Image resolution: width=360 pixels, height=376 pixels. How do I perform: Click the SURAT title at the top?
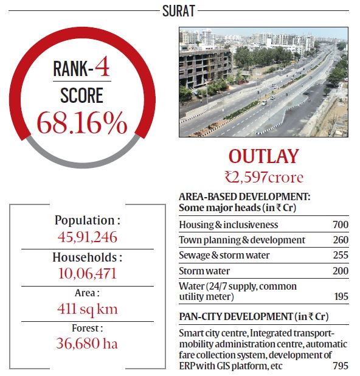180,10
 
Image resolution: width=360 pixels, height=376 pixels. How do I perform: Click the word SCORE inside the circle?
81,95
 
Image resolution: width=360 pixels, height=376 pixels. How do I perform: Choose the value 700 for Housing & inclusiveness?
341,225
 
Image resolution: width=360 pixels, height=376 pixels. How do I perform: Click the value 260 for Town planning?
341,240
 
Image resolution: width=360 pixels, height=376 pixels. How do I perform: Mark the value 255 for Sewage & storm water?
341,256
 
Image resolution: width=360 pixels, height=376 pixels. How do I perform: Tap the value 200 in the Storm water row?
341,271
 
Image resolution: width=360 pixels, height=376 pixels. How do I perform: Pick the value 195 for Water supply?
341,297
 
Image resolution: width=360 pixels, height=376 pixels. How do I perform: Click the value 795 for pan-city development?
341,366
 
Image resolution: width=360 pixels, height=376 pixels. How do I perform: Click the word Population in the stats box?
83,220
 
